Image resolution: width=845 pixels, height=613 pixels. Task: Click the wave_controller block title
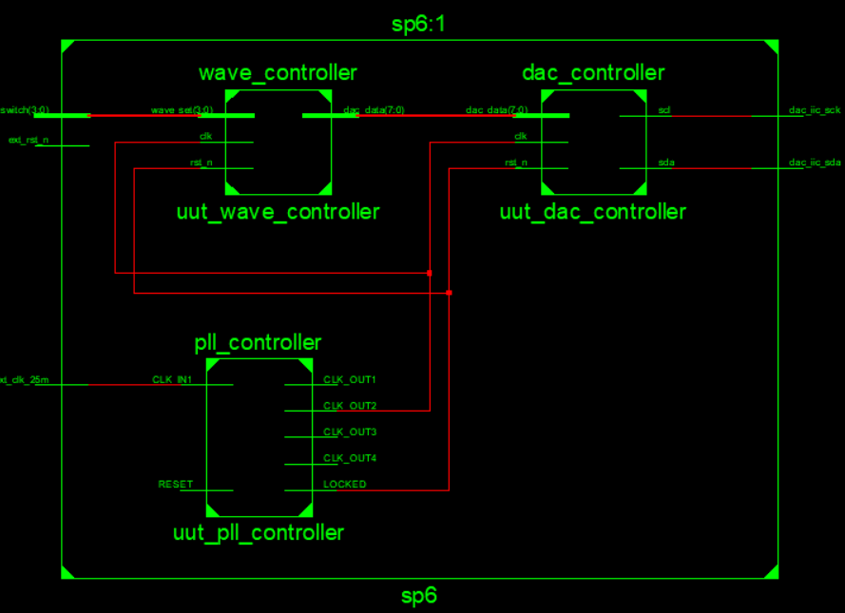pyautogui.click(x=278, y=73)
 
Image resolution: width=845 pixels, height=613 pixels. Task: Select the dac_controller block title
pyautogui.click(x=593, y=73)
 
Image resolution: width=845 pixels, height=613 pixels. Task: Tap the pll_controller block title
pyautogui.click(x=258, y=342)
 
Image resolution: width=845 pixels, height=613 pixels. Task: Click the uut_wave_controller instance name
pyautogui.click(x=278, y=212)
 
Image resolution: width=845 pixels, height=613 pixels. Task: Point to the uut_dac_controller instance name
pyautogui.click(x=593, y=212)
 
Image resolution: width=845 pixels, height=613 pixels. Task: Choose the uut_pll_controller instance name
pyautogui.click(x=258, y=532)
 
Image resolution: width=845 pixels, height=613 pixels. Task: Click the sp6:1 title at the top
pyautogui.click(x=418, y=24)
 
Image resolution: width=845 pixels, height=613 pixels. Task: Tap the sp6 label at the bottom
pyautogui.click(x=418, y=597)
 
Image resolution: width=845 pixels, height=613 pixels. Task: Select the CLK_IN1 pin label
pyautogui.click(x=172, y=379)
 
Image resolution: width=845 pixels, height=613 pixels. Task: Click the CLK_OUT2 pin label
pyautogui.click(x=350, y=406)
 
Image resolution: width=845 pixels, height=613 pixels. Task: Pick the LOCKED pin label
pyautogui.click(x=345, y=485)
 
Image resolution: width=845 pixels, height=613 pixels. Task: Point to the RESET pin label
pyautogui.click(x=175, y=485)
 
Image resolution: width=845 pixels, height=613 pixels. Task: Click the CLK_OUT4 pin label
pyautogui.click(x=350, y=458)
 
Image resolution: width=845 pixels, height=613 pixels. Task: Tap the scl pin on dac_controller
pyautogui.click(x=664, y=111)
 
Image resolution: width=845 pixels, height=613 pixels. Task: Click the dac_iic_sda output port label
pyautogui.click(x=815, y=163)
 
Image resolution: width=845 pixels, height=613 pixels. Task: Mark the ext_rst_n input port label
pyautogui.click(x=29, y=141)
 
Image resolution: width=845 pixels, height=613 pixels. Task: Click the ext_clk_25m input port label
pyautogui.click(x=25, y=380)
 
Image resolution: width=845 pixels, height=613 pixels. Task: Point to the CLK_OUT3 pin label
pyautogui.click(x=350, y=431)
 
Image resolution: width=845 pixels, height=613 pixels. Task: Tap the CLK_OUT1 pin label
pyautogui.click(x=350, y=379)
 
